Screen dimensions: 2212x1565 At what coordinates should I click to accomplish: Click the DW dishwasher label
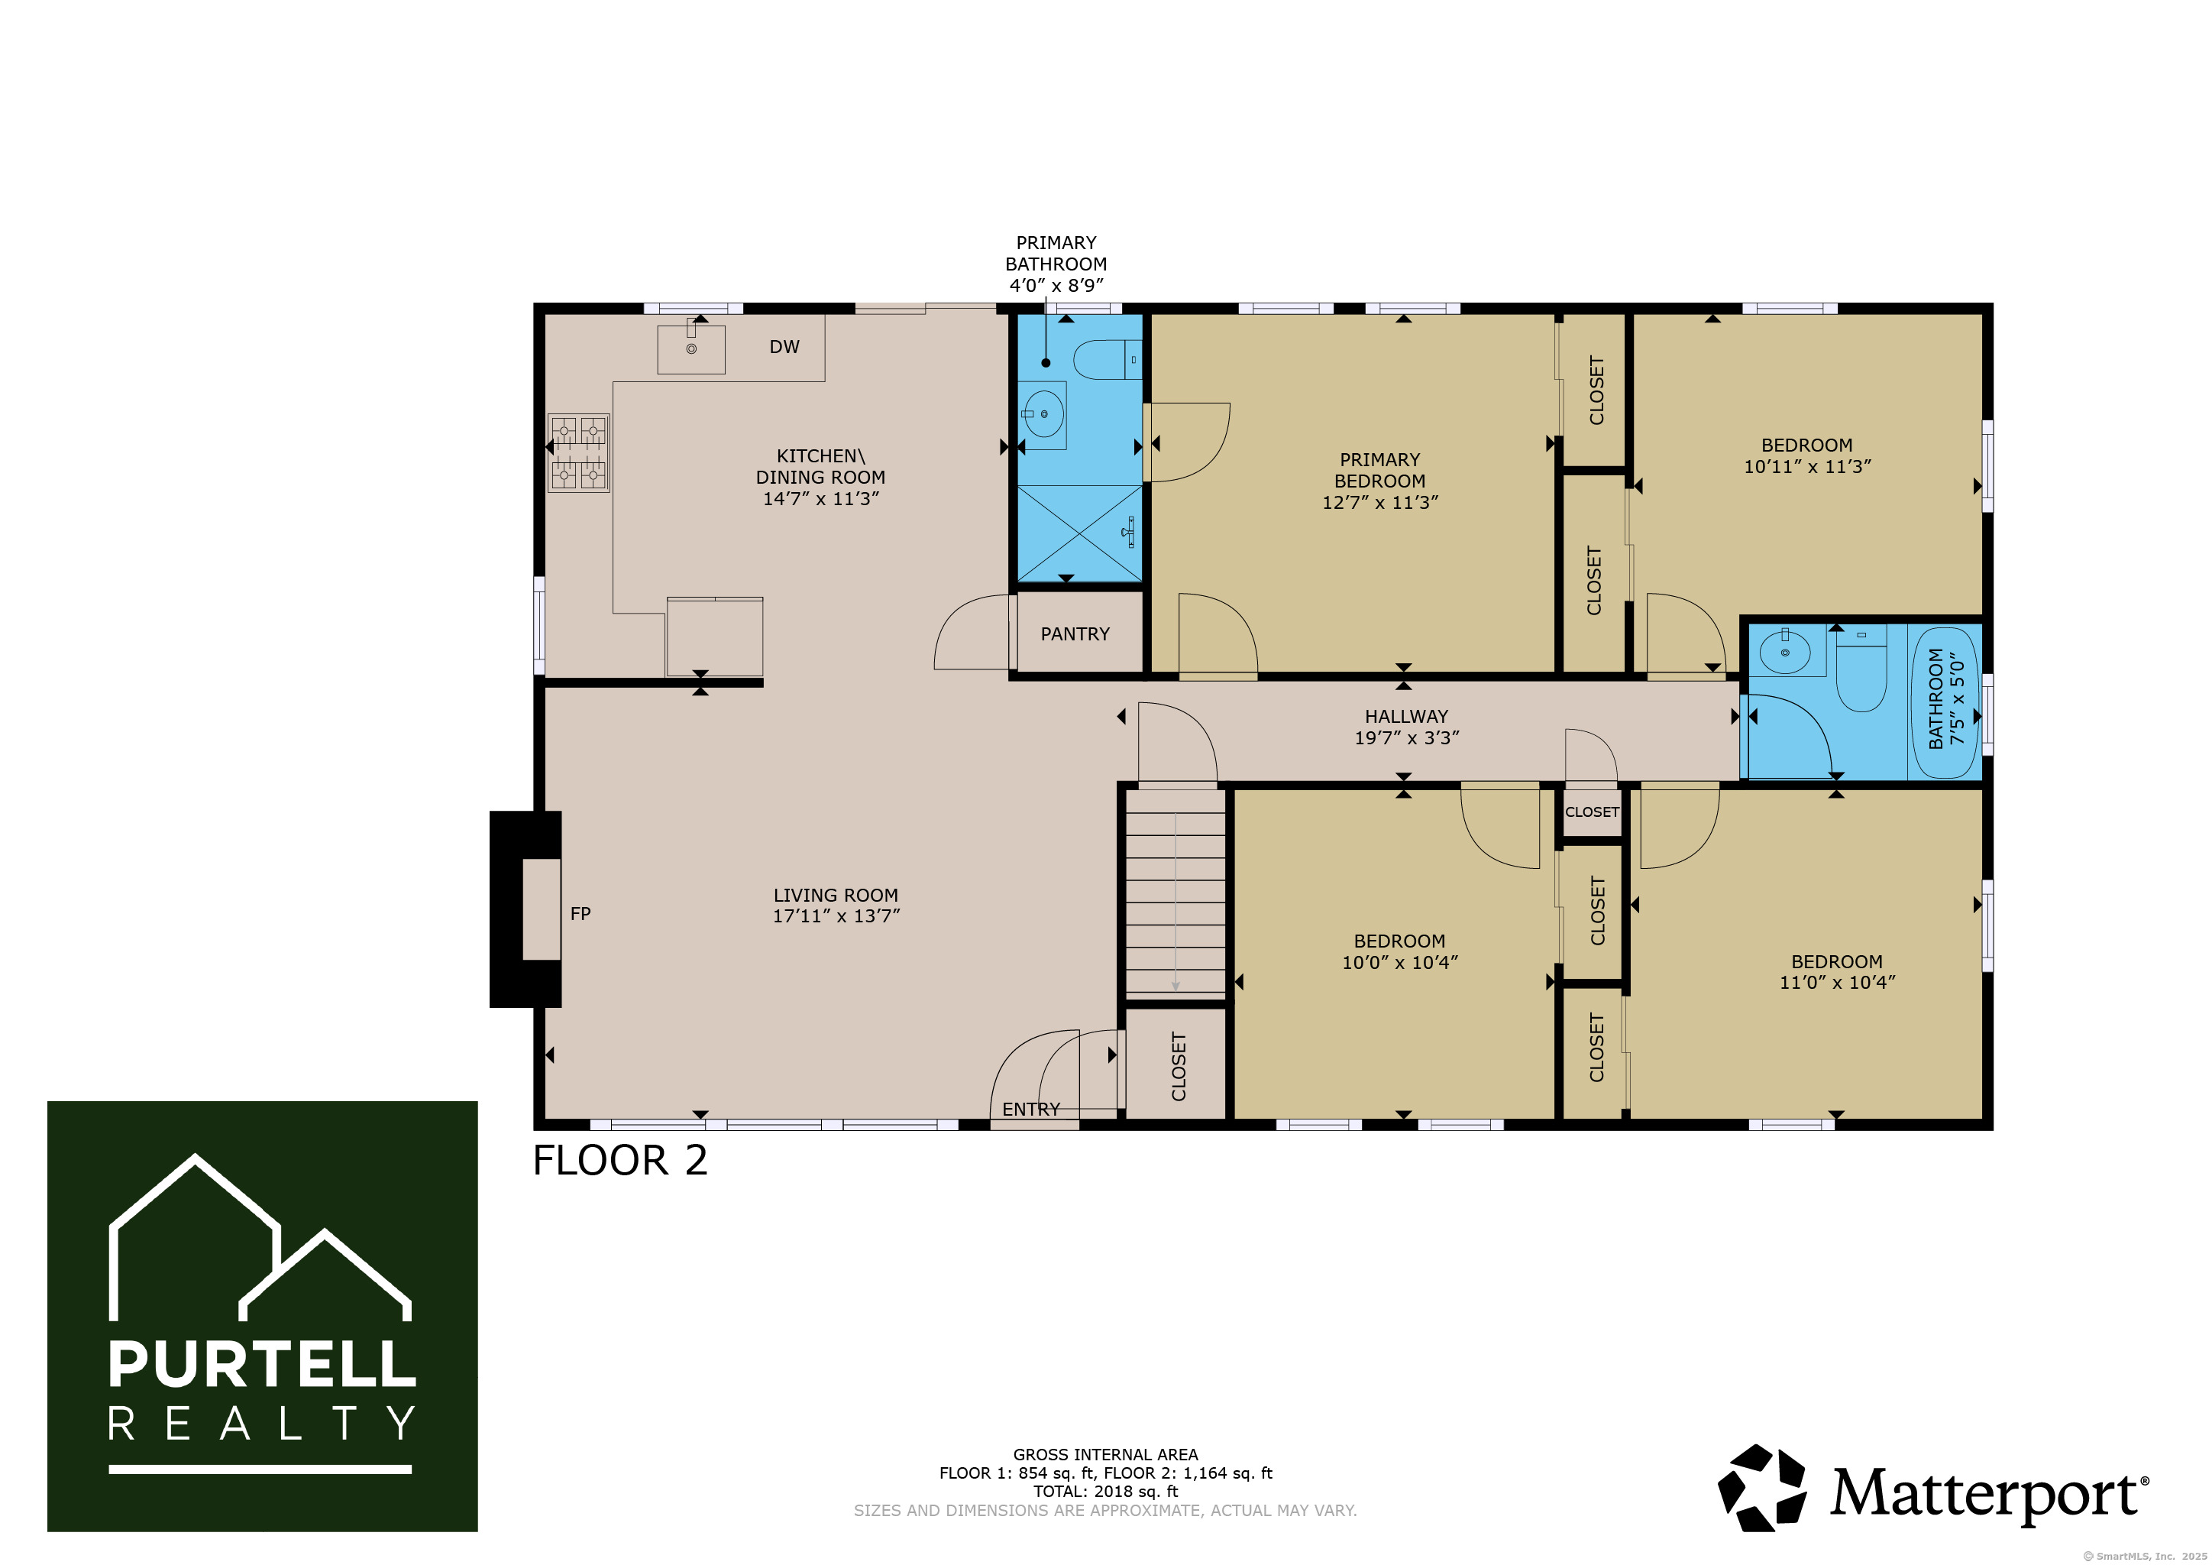pyautogui.click(x=784, y=347)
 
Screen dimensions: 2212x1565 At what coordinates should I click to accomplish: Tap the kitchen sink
pyautogui.click(x=690, y=348)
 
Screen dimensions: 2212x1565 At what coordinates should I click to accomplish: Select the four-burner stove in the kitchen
pyautogui.click(x=578, y=453)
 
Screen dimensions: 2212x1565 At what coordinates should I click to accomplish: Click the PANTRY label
pyautogui.click(x=1075, y=634)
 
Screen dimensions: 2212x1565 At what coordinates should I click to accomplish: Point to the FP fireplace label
pyautogui.click(x=580, y=914)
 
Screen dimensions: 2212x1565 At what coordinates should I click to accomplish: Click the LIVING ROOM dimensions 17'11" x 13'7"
pyautogui.click(x=836, y=916)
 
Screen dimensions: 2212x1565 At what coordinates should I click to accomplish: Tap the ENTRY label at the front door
pyautogui.click(x=1031, y=1110)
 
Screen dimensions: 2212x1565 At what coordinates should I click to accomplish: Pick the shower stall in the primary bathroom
pyautogui.click(x=1080, y=534)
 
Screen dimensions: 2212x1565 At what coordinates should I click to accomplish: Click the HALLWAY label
pyautogui.click(x=1407, y=716)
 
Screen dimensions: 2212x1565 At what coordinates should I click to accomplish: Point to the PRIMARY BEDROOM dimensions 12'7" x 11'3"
pyautogui.click(x=1379, y=502)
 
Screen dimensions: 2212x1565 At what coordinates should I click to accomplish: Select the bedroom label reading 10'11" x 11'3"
pyautogui.click(x=1807, y=455)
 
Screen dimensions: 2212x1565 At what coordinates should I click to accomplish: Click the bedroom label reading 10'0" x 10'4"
pyautogui.click(x=1400, y=951)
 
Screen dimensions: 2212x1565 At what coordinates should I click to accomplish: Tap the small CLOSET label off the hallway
pyautogui.click(x=1592, y=812)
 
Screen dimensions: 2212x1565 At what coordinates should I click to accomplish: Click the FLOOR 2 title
pyautogui.click(x=620, y=1160)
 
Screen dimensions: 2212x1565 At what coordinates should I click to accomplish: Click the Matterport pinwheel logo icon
pyautogui.click(x=1762, y=1487)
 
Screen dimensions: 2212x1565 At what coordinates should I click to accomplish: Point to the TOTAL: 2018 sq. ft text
pyautogui.click(x=1106, y=1491)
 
